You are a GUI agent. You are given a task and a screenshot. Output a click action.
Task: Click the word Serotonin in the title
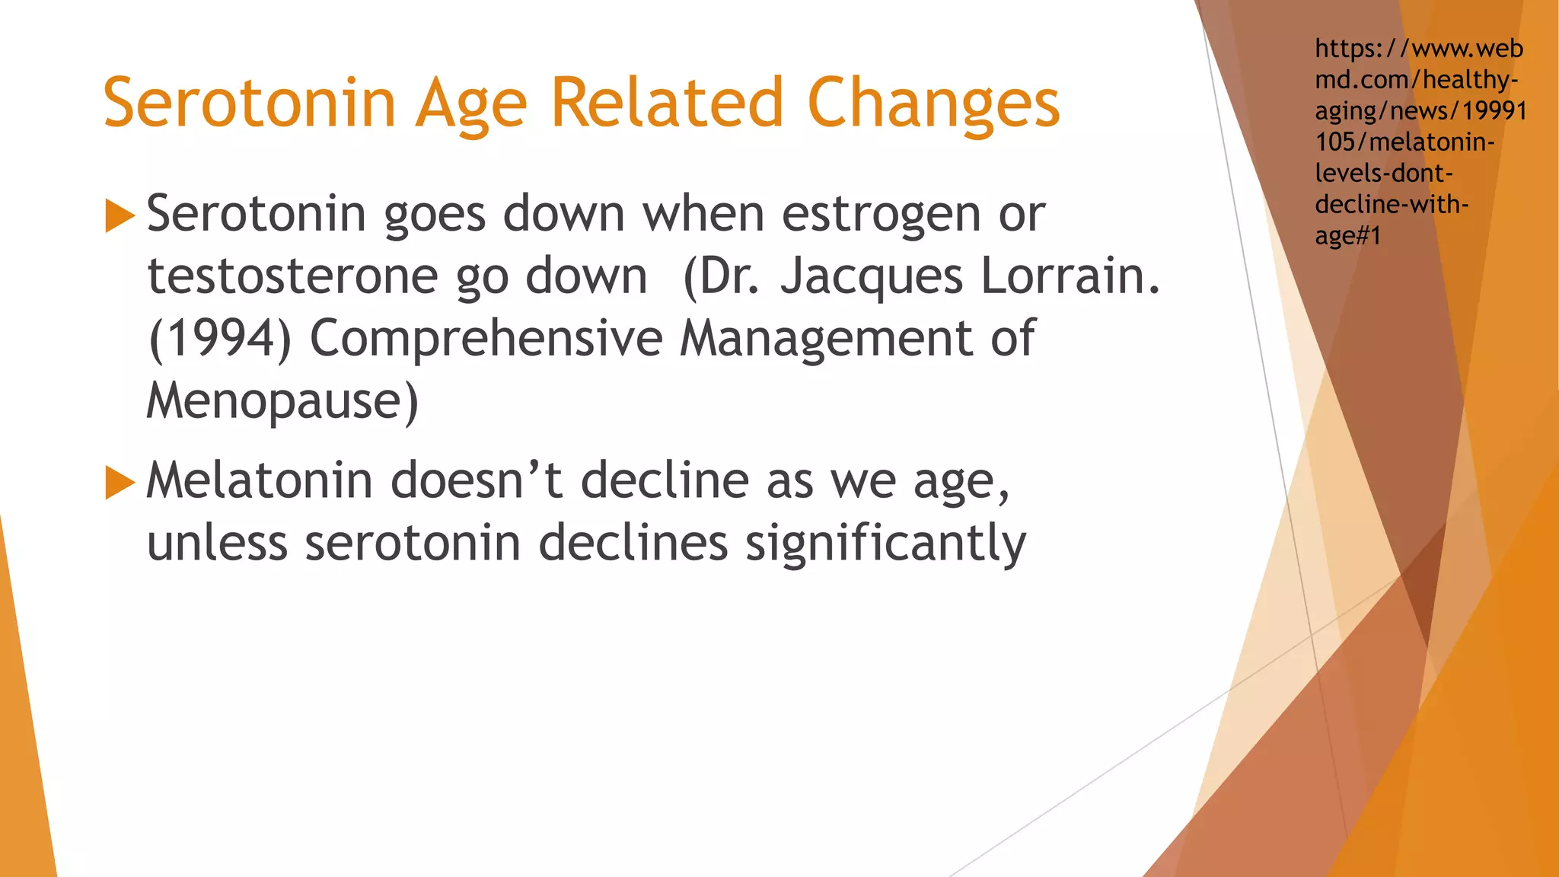click(x=250, y=103)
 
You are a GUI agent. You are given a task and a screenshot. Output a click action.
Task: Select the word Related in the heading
click(x=666, y=103)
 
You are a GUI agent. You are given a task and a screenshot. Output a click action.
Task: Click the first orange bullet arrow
click(x=120, y=215)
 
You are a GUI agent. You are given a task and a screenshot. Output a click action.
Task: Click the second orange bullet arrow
click(x=120, y=483)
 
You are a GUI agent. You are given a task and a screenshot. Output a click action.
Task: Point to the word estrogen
click(x=881, y=215)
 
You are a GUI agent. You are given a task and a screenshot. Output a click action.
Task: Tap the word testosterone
click(x=292, y=276)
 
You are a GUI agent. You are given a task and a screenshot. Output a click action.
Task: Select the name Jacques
click(x=872, y=276)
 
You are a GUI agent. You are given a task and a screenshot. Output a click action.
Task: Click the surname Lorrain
click(x=1070, y=276)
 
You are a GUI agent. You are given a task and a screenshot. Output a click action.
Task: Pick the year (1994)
click(x=220, y=339)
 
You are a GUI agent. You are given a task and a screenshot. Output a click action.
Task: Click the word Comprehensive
click(x=486, y=339)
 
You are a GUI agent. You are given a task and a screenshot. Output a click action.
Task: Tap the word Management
click(x=825, y=339)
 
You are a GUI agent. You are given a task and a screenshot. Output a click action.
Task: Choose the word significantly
click(x=885, y=544)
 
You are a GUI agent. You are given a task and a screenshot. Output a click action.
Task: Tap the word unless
click(x=217, y=544)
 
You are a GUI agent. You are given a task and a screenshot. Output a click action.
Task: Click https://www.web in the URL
click(x=1418, y=49)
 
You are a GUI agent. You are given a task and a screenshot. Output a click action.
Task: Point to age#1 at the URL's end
click(x=1347, y=236)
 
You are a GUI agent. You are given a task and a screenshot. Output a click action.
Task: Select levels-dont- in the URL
click(x=1384, y=174)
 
